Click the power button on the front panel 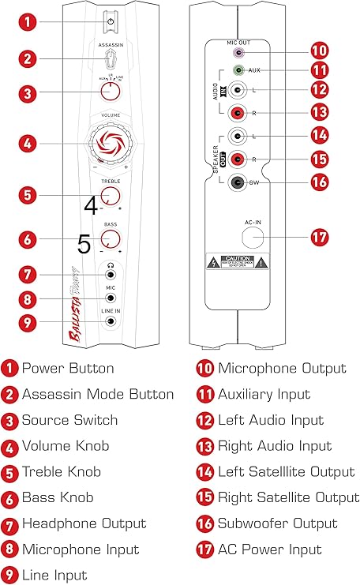point(111,22)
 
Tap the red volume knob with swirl point(111,144)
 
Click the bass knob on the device point(111,238)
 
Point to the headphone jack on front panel point(111,275)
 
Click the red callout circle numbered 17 point(320,237)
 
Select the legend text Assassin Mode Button point(98,394)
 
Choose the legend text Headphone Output point(84,523)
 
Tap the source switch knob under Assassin point(111,92)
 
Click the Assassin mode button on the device point(111,58)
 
